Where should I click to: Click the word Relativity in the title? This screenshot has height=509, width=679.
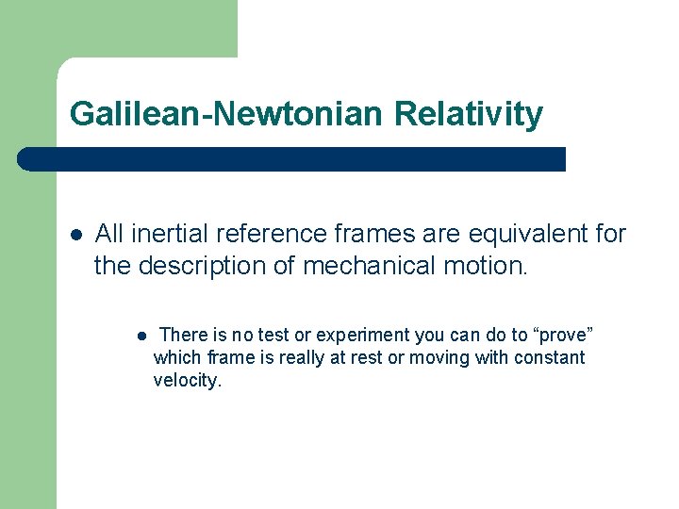tap(469, 114)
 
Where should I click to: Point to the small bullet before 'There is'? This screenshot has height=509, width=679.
tap(139, 336)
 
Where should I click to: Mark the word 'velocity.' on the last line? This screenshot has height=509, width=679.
tap(187, 381)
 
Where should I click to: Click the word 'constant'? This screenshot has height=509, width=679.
tap(549, 358)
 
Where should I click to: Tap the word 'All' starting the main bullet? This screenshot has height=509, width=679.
tap(109, 233)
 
